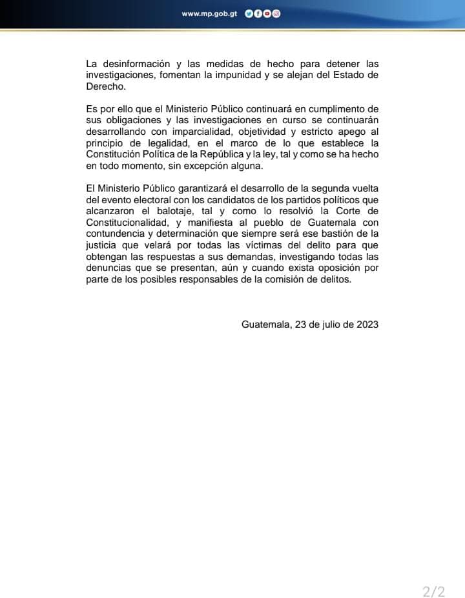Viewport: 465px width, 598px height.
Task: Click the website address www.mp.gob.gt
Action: coord(210,14)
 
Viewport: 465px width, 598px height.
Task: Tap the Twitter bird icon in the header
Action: coord(249,14)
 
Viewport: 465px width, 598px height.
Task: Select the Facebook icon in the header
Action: coord(258,14)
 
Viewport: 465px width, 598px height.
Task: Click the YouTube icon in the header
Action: coord(267,14)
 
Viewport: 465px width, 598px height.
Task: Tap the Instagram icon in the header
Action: coord(276,14)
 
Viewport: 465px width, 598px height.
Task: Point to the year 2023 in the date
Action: coord(366,324)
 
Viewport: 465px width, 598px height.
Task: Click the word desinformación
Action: coord(134,64)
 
